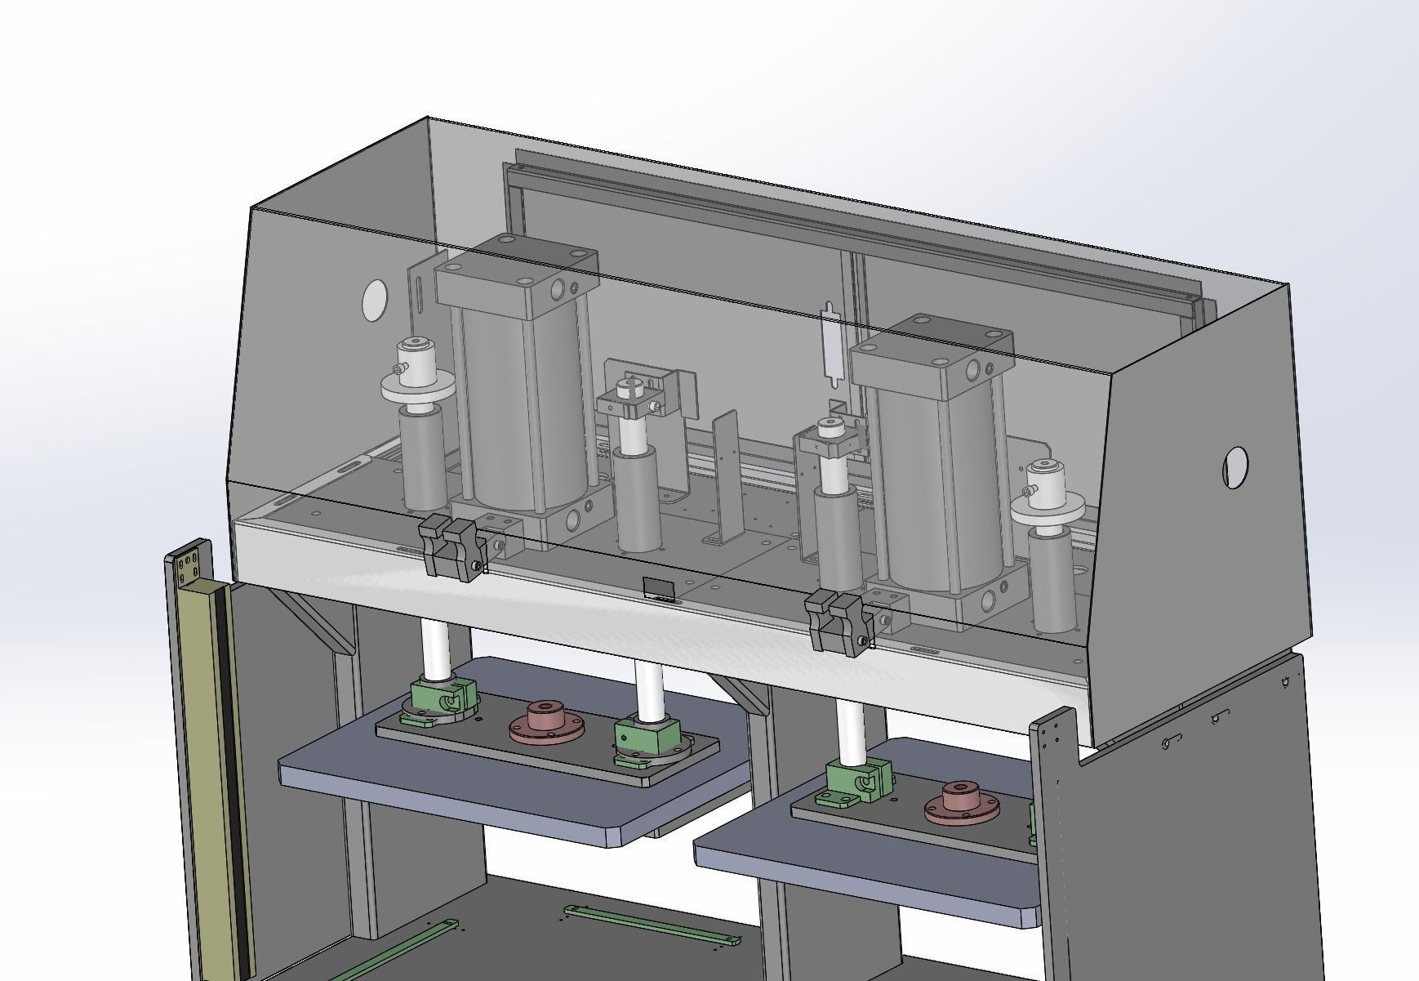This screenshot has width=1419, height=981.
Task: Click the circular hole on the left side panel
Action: click(376, 301)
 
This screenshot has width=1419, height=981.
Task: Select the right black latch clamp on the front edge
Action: click(838, 620)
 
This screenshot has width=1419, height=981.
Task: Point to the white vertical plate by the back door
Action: click(830, 343)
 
